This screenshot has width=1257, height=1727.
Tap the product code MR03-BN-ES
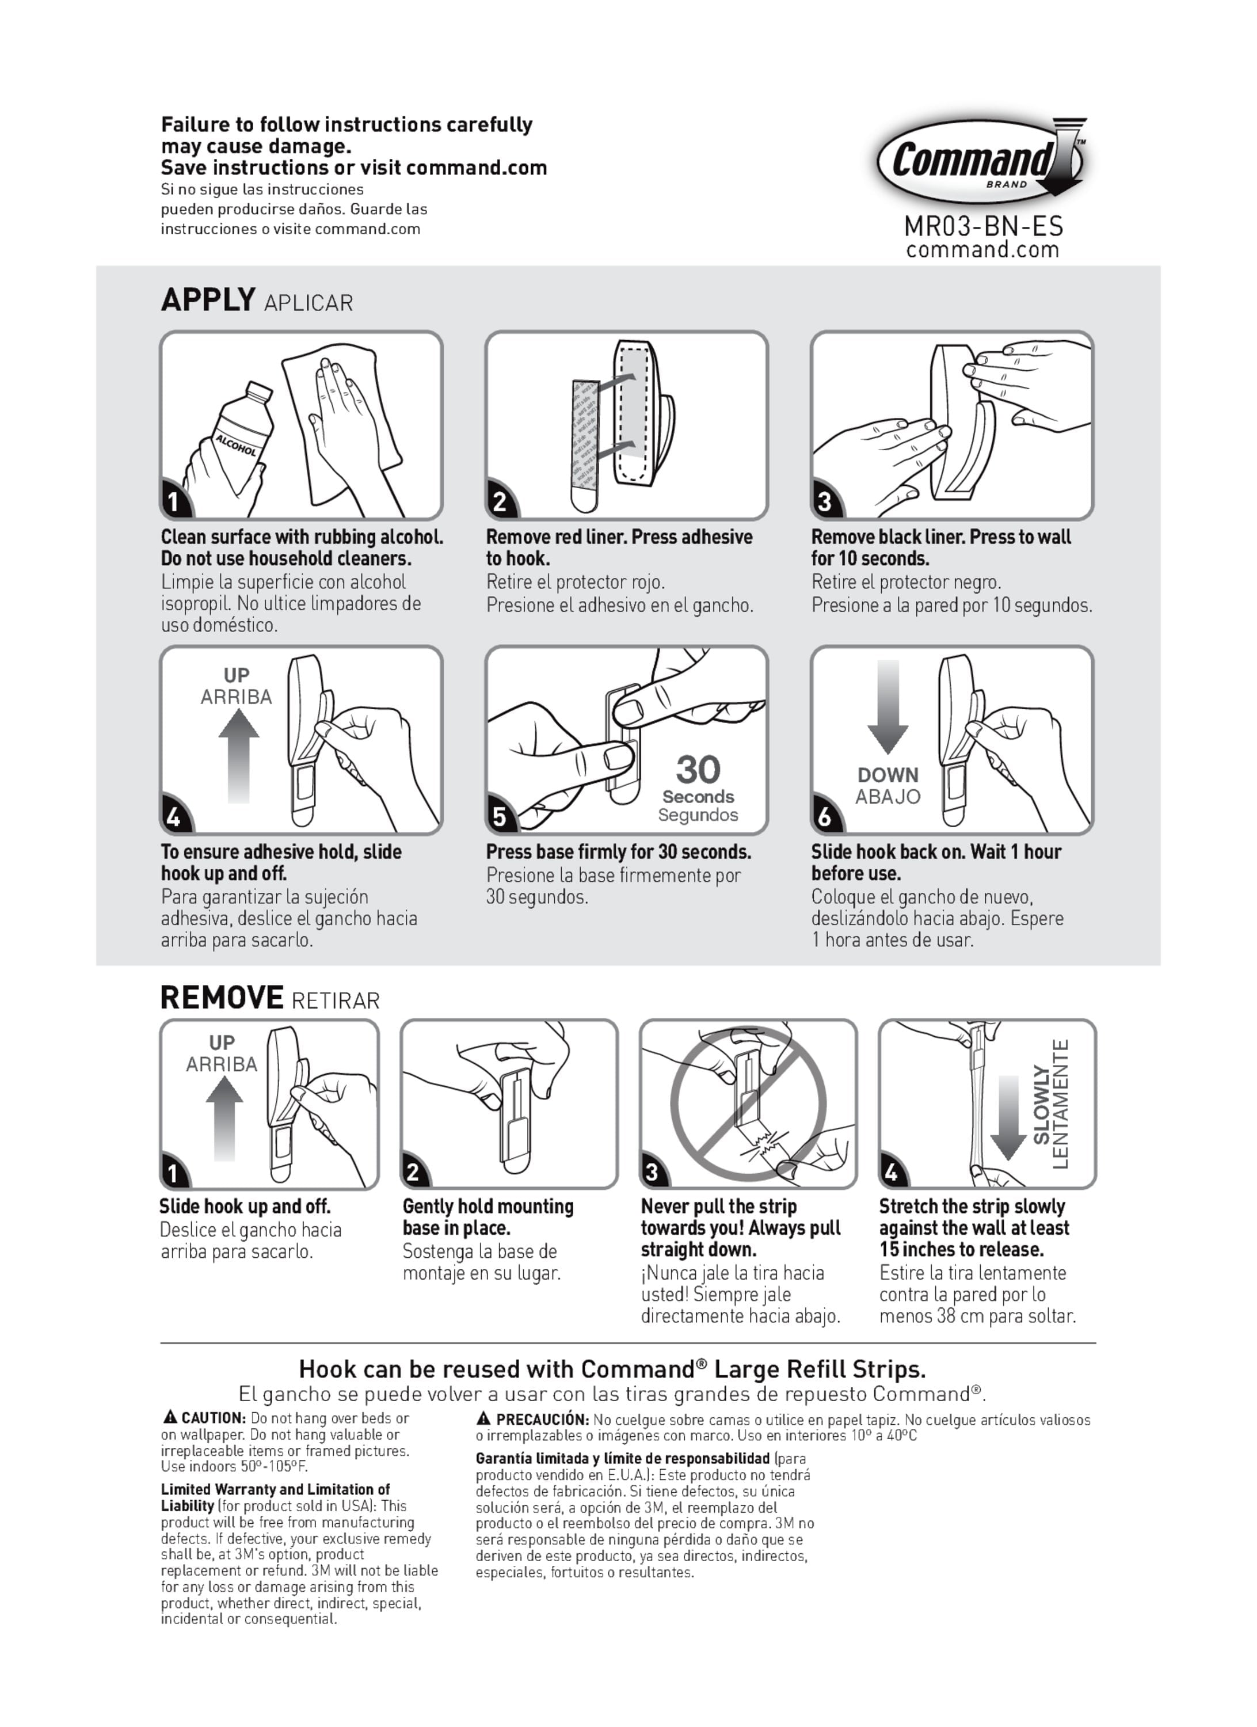click(x=984, y=226)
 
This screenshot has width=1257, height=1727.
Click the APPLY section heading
click(x=208, y=299)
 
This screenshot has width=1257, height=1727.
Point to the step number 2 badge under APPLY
click(x=500, y=501)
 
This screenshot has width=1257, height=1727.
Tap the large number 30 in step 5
click(x=698, y=769)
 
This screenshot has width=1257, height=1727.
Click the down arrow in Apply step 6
click(x=887, y=707)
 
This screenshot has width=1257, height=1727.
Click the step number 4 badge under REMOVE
click(x=891, y=1173)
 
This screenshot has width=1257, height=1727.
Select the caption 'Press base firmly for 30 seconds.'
click(x=618, y=851)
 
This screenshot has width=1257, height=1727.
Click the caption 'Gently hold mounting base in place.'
click(x=488, y=1217)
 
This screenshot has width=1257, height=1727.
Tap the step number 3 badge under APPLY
click(x=825, y=501)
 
